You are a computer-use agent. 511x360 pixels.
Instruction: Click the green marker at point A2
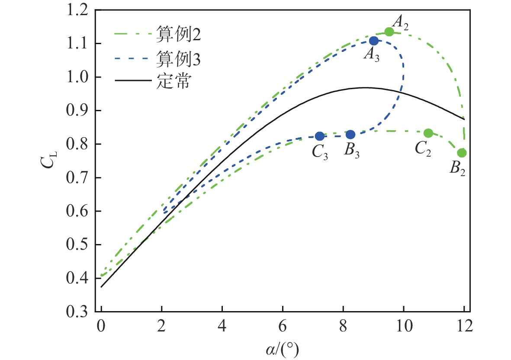coord(389,32)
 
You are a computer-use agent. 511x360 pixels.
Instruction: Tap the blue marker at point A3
coord(374,41)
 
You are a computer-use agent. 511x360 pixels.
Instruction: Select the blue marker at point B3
coord(350,135)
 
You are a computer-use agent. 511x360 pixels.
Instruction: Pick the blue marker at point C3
coord(319,136)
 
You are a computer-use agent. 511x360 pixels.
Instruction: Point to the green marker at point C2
coord(428,133)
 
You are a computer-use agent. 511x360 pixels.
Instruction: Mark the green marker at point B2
coord(462,153)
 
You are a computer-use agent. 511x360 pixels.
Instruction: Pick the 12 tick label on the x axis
coord(464,327)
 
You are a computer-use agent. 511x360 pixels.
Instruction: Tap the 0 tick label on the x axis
coord(101,327)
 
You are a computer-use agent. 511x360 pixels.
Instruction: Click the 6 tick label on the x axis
coord(283,327)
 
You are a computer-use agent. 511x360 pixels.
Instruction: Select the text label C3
coord(319,152)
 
